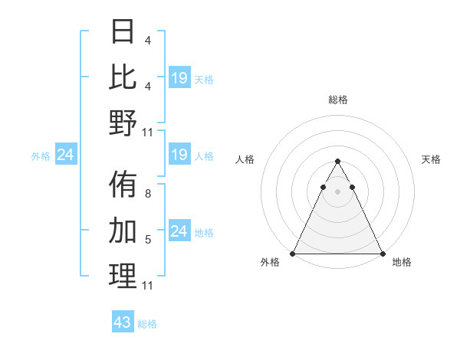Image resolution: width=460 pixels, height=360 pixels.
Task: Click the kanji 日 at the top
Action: pos(123,31)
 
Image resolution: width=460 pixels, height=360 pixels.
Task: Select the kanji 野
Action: pos(123,123)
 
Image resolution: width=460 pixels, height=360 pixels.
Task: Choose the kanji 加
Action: pos(123,230)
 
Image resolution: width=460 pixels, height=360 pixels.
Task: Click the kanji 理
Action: pos(123,276)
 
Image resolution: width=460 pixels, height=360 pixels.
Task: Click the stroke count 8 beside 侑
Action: pos(147,195)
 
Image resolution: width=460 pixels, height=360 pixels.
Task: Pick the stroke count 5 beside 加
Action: pos(147,240)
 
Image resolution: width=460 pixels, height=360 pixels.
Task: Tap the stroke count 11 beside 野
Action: pos(147,133)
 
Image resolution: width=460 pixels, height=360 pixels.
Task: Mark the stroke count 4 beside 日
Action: pos(147,40)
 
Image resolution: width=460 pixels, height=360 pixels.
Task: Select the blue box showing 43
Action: pos(123,322)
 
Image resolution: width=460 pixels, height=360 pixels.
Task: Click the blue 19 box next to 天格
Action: pos(179,77)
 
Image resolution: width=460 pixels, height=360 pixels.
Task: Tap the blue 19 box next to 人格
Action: pos(179,155)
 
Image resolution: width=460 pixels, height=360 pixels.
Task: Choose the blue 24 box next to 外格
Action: pos(66,155)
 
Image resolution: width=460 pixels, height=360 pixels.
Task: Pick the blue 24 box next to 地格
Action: pos(179,231)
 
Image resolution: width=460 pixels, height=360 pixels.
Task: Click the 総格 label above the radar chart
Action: pos(337,100)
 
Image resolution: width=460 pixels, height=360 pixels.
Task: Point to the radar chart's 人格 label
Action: pos(245,159)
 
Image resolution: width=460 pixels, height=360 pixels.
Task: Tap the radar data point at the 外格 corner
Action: pos(293,254)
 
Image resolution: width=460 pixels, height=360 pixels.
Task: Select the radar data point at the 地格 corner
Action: pos(382,254)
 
